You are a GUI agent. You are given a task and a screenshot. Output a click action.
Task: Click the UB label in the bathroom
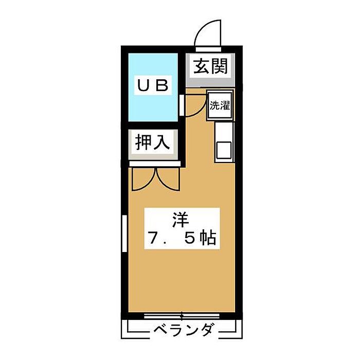tap(152, 85)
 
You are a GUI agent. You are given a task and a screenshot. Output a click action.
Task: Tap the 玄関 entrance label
tap(210, 67)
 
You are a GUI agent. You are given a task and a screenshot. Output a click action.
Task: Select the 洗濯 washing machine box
tap(219, 106)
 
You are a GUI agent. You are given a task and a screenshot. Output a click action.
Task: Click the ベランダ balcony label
tap(183, 330)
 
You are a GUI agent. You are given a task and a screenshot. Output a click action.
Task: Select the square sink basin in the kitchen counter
tap(224, 150)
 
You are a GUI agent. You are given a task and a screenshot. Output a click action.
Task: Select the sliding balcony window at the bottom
tap(182, 315)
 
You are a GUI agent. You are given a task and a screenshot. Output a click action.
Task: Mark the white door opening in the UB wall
tap(182, 105)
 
